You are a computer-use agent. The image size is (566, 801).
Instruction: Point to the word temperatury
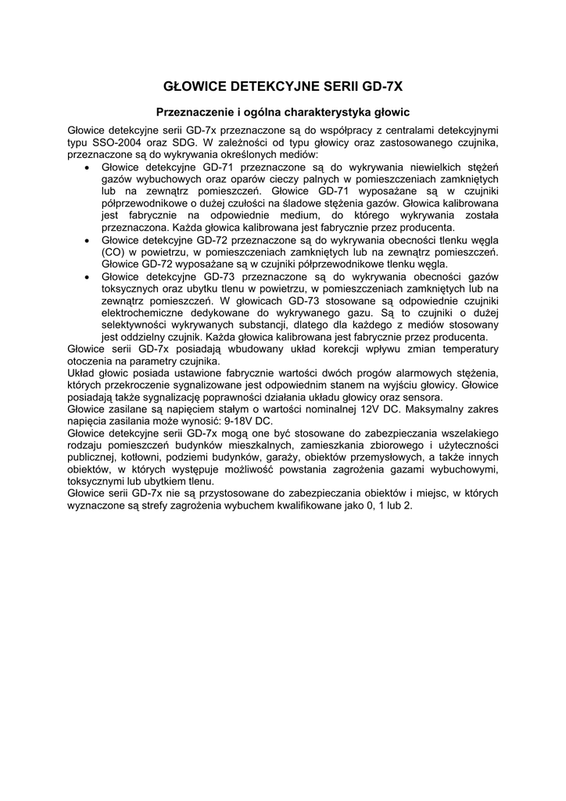(x=468, y=349)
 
